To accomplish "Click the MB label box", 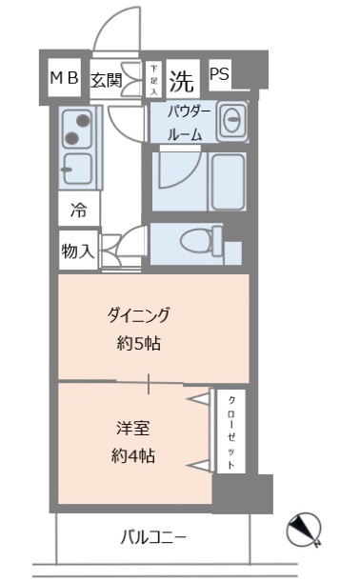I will point(64,79).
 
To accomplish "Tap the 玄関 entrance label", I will point(106,80).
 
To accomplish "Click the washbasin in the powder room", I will point(230,120).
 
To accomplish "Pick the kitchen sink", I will point(75,170).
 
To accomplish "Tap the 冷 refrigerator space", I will point(76,209).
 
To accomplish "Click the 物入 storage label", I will point(76,251).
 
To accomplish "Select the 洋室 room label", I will point(130,428).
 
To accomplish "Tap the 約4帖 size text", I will point(130,455).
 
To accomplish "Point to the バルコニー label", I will point(152,537).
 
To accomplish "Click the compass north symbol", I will point(305,528).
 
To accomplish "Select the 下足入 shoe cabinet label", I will point(154,78).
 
